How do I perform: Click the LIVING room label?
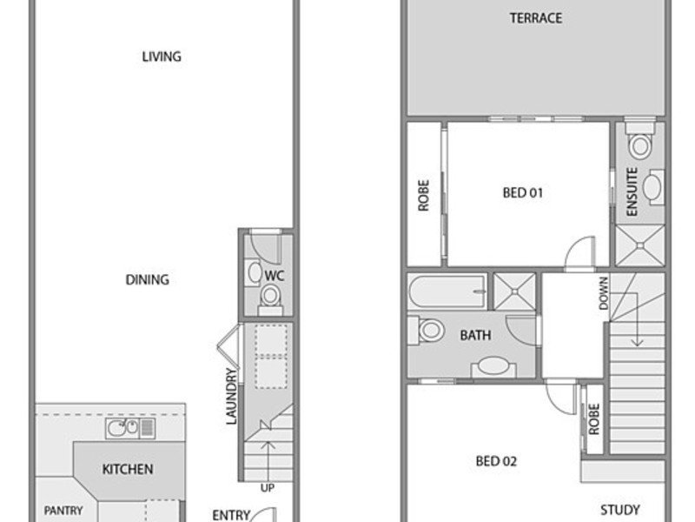pyautogui.click(x=162, y=57)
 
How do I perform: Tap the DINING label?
pyautogui.click(x=147, y=279)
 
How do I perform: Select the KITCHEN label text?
pyautogui.click(x=128, y=469)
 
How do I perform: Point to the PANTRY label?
pyautogui.click(x=63, y=511)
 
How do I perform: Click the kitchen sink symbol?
pyautogui.click(x=130, y=428)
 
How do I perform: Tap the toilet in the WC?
pyautogui.click(x=270, y=299)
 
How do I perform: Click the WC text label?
pyautogui.click(x=275, y=276)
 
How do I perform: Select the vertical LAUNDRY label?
pyautogui.click(x=232, y=397)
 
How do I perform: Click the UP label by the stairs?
pyautogui.click(x=268, y=488)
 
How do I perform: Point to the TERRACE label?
pyautogui.click(x=536, y=18)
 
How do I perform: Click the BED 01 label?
pyautogui.click(x=523, y=192)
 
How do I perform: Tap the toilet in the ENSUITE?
pyautogui.click(x=640, y=141)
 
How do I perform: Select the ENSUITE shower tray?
pyautogui.click(x=640, y=245)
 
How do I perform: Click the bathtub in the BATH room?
pyautogui.click(x=447, y=291)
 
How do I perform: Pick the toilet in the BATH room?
pyautogui.click(x=427, y=330)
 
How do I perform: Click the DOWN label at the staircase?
pyautogui.click(x=603, y=293)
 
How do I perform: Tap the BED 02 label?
pyautogui.click(x=496, y=461)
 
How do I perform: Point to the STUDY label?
pyautogui.click(x=620, y=510)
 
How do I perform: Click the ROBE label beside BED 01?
pyautogui.click(x=424, y=195)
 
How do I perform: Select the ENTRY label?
pyautogui.click(x=231, y=515)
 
